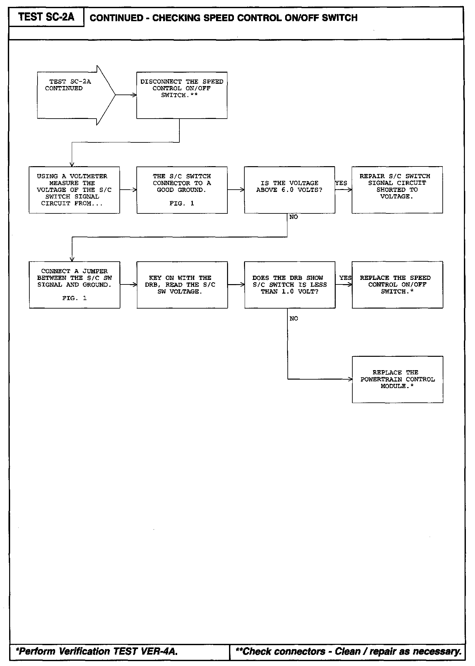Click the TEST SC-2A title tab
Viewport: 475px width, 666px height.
tap(46, 17)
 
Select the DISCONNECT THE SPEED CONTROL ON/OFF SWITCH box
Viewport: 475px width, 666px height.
tap(182, 95)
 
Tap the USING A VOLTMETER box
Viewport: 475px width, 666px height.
tap(74, 190)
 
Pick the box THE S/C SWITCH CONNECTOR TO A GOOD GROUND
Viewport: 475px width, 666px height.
tap(182, 190)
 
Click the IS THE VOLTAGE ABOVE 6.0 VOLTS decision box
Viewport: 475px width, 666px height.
tap(289, 190)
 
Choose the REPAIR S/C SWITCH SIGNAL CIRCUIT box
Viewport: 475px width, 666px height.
tap(397, 190)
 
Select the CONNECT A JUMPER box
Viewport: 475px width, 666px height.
tap(74, 285)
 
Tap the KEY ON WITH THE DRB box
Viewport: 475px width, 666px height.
tap(182, 285)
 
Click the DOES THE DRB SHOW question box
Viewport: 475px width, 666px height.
tap(290, 285)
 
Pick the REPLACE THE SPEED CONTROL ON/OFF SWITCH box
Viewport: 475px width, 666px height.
tap(397, 285)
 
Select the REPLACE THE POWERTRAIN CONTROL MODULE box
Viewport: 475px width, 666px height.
tap(397, 380)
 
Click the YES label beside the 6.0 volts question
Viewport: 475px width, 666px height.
tap(341, 183)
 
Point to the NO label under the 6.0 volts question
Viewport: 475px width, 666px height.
tap(294, 217)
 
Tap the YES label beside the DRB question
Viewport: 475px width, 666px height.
tap(345, 278)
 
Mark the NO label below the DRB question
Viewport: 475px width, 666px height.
tap(294, 319)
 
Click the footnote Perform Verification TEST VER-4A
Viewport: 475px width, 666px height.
tap(97, 651)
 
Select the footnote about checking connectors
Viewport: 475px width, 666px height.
tap(348, 651)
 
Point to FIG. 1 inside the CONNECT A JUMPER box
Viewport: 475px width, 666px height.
tap(74, 298)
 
